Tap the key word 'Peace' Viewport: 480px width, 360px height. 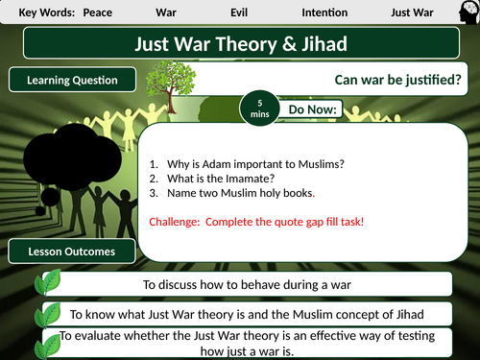97,13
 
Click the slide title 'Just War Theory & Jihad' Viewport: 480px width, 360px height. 239,45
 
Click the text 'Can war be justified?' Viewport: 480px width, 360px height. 396,81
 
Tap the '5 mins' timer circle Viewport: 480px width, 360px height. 257,108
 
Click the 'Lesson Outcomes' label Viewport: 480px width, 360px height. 72,252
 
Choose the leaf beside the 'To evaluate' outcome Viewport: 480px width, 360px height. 50,343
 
